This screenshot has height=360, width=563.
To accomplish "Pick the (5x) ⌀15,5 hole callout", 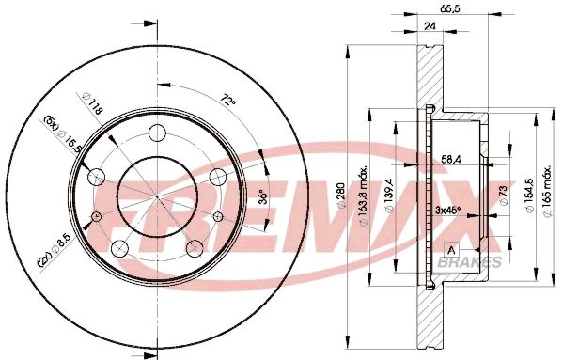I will click(x=58, y=135).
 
